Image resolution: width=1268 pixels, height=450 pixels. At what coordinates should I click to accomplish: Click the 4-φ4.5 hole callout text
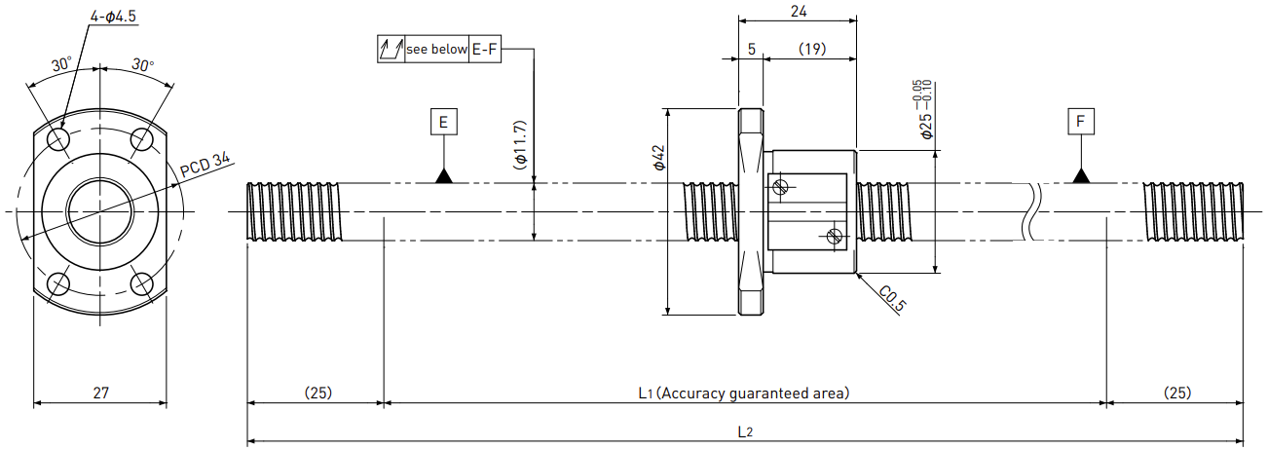coord(113,16)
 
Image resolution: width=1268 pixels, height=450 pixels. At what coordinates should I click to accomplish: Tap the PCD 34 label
coord(205,165)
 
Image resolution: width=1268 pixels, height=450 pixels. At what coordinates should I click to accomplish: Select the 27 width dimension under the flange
coord(100,393)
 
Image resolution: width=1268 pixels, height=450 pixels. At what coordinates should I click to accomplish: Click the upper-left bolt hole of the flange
coord(58,139)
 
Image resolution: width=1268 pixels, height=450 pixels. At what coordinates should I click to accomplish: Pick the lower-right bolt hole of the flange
coord(142,283)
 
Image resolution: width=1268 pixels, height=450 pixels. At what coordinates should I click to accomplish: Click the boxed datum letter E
coord(444,122)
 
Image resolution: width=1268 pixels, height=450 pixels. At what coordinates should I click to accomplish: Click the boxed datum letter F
coord(1081,121)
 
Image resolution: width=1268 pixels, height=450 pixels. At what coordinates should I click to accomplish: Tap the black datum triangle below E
coord(444,176)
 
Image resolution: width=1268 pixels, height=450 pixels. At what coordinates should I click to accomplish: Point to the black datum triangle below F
coord(1081,176)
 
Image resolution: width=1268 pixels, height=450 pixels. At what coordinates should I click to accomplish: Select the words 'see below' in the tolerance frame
coord(436,50)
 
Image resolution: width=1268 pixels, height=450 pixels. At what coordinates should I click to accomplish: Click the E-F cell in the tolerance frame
coord(485,50)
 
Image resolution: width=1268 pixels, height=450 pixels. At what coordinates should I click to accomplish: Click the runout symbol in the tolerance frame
coord(392,50)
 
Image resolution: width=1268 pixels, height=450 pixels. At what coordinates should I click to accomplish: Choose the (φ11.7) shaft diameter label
coord(520,145)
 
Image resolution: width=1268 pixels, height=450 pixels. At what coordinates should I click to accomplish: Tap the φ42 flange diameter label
coord(659,157)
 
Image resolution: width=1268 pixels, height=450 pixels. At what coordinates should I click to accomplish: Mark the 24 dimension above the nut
coord(799,12)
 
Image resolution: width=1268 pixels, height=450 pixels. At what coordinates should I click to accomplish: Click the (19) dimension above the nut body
coord(812,49)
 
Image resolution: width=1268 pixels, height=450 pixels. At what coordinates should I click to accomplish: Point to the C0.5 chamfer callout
coord(892,299)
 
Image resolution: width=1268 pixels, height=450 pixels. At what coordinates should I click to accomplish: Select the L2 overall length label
coord(745,431)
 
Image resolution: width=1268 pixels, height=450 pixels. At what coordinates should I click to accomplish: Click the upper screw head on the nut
coord(780,187)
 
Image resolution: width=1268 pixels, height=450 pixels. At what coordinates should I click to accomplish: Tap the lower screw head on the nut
coord(835,236)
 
